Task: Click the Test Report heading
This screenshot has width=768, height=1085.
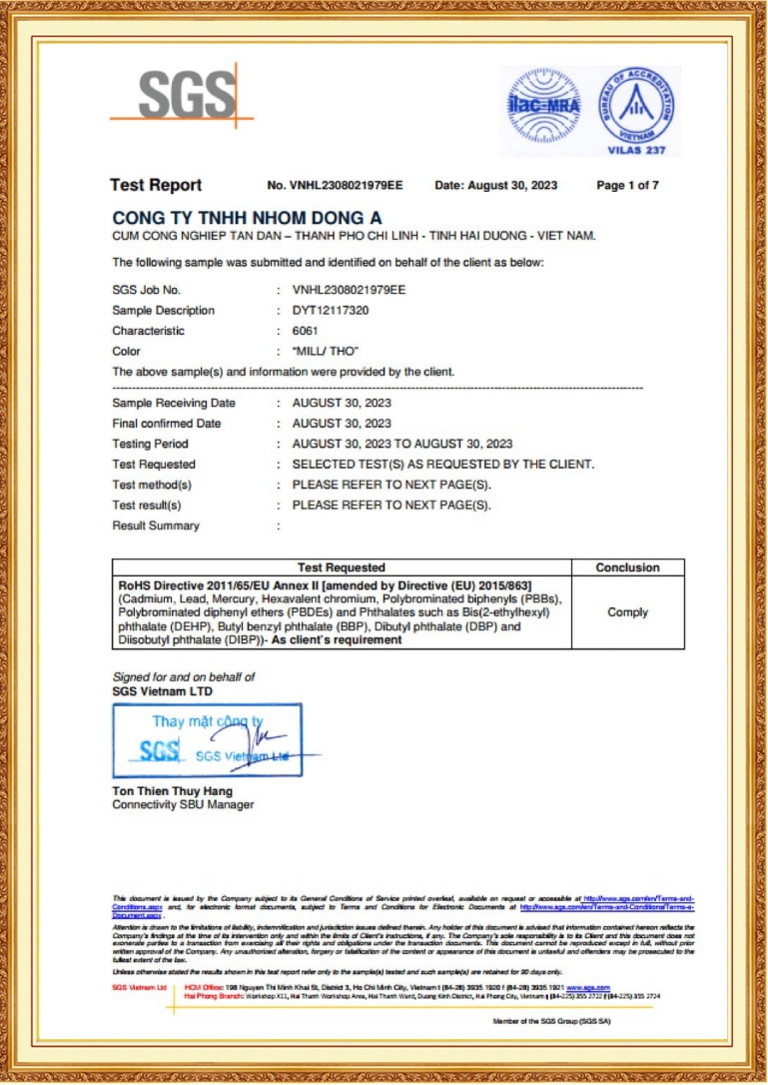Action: (156, 185)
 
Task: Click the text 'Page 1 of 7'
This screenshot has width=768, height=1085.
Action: (627, 186)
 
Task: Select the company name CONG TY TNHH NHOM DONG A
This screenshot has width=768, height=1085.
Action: (247, 217)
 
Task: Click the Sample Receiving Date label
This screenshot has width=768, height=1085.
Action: (174, 404)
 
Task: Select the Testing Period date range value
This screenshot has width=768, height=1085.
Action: (401, 444)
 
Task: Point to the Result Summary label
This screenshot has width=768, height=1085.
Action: (156, 526)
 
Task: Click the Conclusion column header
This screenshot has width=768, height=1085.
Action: (627, 567)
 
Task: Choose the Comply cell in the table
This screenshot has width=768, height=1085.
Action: (627, 612)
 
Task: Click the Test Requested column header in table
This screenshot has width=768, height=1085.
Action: (341, 567)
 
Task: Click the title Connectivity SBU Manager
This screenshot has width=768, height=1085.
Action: (183, 805)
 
